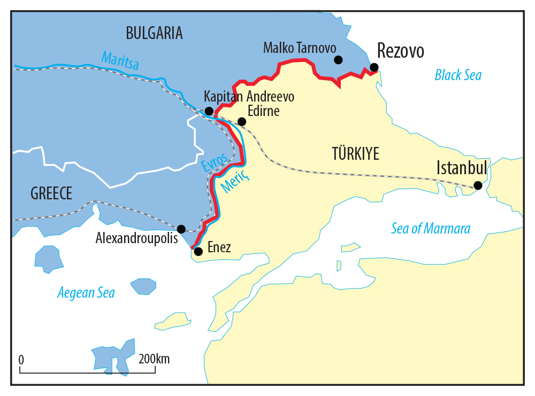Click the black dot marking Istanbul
(x=478, y=185)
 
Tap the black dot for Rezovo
(x=374, y=67)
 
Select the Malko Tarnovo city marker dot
(x=338, y=60)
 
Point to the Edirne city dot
(x=242, y=121)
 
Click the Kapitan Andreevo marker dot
(x=209, y=111)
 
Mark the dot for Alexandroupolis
(x=181, y=229)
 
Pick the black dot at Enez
(x=198, y=251)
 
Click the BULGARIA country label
(x=154, y=33)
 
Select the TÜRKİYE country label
(x=355, y=154)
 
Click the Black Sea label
(x=457, y=75)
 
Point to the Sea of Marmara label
(x=431, y=229)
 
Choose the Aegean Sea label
(x=86, y=292)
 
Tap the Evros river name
(x=215, y=162)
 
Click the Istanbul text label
(x=462, y=168)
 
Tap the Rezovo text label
(x=400, y=51)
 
